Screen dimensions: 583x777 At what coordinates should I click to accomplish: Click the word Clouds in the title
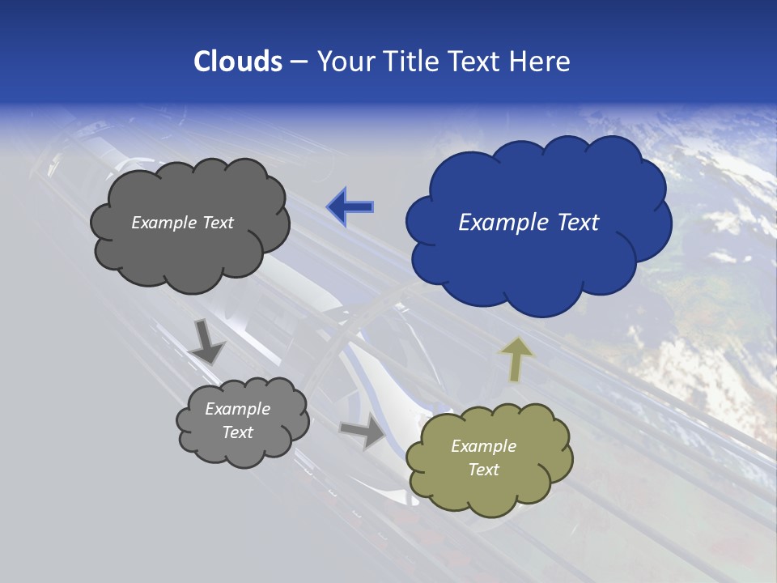coord(238,62)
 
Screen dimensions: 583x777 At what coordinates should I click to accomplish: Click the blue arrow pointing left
coord(350,206)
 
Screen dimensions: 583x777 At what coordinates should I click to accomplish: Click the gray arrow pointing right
coord(363,431)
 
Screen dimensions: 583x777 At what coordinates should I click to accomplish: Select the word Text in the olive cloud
coord(483,470)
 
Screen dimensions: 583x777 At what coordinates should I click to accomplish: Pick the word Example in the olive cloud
coord(483,446)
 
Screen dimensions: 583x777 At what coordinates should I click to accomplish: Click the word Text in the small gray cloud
coord(237,432)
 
